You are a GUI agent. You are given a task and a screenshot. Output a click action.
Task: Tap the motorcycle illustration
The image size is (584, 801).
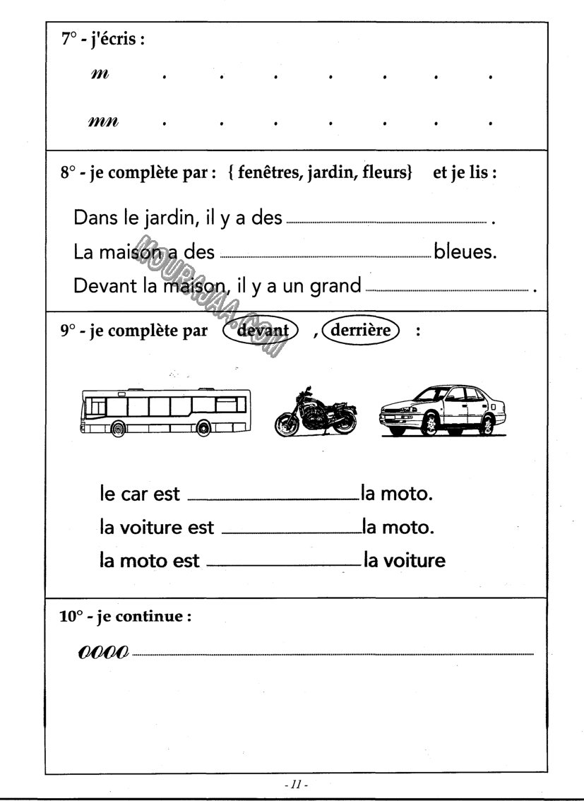tap(316, 413)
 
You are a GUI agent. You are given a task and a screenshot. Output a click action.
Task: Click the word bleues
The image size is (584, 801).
tap(466, 252)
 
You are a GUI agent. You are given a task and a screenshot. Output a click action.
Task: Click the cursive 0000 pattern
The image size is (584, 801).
tap(104, 650)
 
